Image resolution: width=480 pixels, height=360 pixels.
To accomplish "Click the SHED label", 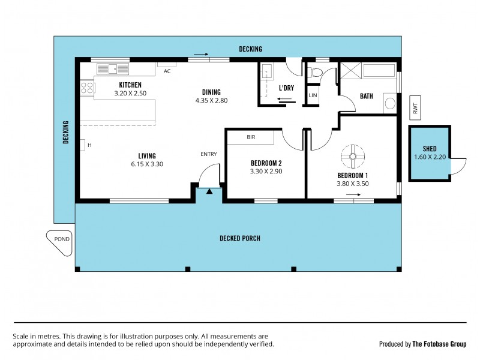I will tap(429, 149).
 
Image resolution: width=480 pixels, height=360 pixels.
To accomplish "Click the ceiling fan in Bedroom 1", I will tap(353, 158).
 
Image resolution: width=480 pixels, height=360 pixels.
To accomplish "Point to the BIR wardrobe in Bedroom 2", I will tap(251, 137).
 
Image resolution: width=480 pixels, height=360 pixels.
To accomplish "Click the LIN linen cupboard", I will tap(312, 95).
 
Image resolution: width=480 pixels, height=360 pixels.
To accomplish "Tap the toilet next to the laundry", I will tap(315, 73).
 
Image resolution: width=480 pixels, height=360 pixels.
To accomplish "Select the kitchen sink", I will tap(113, 68).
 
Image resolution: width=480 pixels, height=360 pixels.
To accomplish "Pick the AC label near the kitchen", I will tap(167, 70).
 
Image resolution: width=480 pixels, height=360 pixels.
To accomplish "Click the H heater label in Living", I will tap(89, 145).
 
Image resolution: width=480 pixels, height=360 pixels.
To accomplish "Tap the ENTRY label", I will tap(208, 154).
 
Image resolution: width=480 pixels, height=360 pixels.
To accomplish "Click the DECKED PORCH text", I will tap(239, 238).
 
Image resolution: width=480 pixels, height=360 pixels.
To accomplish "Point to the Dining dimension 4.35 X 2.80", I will tap(211, 100).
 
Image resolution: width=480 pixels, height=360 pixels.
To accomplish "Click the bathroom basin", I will tap(390, 103).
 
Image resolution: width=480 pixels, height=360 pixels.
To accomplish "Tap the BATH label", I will tap(367, 96).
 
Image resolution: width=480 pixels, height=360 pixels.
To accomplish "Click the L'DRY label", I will tap(286, 88).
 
